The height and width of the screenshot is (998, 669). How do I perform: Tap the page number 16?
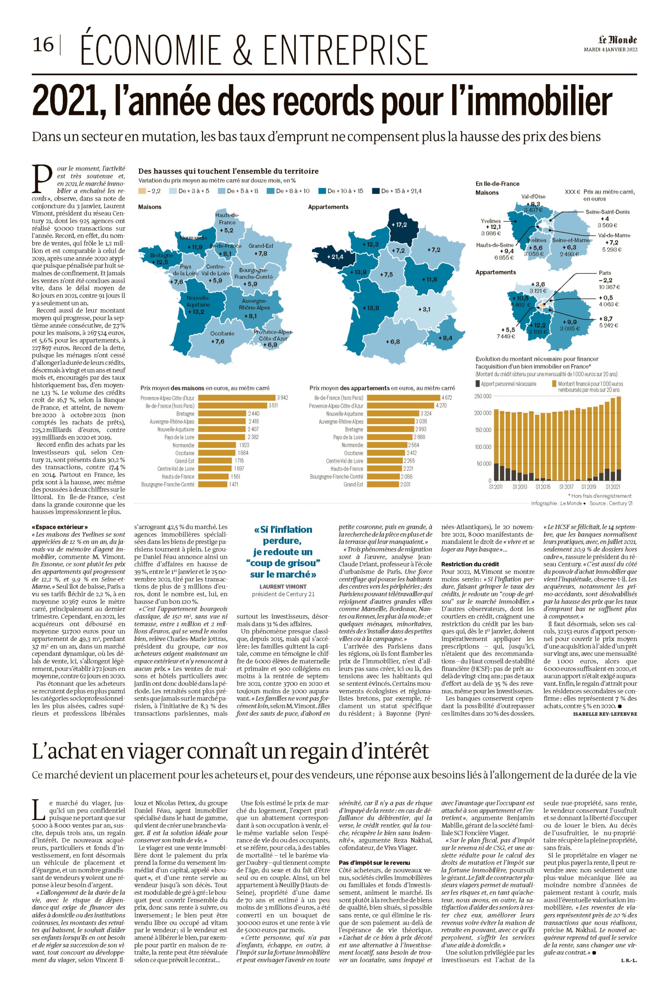[x=44, y=44]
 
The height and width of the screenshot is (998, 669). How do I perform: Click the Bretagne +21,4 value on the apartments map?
[x=335, y=257]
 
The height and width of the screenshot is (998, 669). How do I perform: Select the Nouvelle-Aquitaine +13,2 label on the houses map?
[x=195, y=312]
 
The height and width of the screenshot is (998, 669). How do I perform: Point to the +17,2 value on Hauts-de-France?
[x=399, y=225]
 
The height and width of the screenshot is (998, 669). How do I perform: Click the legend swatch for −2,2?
[x=142, y=191]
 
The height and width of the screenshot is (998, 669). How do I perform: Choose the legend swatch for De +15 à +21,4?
[x=376, y=191]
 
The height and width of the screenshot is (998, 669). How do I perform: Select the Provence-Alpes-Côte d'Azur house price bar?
[x=237, y=398]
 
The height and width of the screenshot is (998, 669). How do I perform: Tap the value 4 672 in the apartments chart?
[x=447, y=398]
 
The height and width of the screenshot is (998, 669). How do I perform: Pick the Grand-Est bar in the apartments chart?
[x=383, y=484]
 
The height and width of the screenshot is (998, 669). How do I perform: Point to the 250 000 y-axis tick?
[x=483, y=396]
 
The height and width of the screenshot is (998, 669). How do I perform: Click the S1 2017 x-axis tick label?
[x=566, y=487]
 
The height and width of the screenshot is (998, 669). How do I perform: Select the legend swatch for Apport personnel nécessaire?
[x=478, y=384]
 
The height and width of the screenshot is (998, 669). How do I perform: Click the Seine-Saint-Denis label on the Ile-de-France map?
[x=607, y=212]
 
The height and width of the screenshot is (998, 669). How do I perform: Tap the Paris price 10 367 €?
[x=609, y=287]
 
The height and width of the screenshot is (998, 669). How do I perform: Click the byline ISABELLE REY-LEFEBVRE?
[x=605, y=714]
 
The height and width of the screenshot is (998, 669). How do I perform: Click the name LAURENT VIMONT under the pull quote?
[x=283, y=587]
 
